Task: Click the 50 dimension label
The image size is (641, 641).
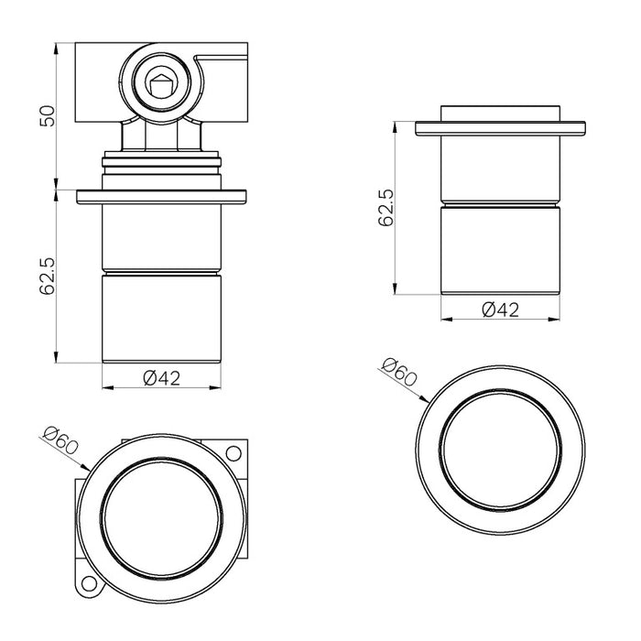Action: click(49, 114)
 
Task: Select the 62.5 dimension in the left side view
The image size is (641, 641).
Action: click(49, 275)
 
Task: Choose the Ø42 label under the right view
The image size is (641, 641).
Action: click(500, 310)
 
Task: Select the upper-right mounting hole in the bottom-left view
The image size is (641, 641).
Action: click(234, 453)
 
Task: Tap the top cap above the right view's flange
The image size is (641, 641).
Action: click(500, 113)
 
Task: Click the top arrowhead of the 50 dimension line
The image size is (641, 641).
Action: click(57, 46)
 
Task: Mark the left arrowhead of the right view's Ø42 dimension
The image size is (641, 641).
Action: click(444, 320)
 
